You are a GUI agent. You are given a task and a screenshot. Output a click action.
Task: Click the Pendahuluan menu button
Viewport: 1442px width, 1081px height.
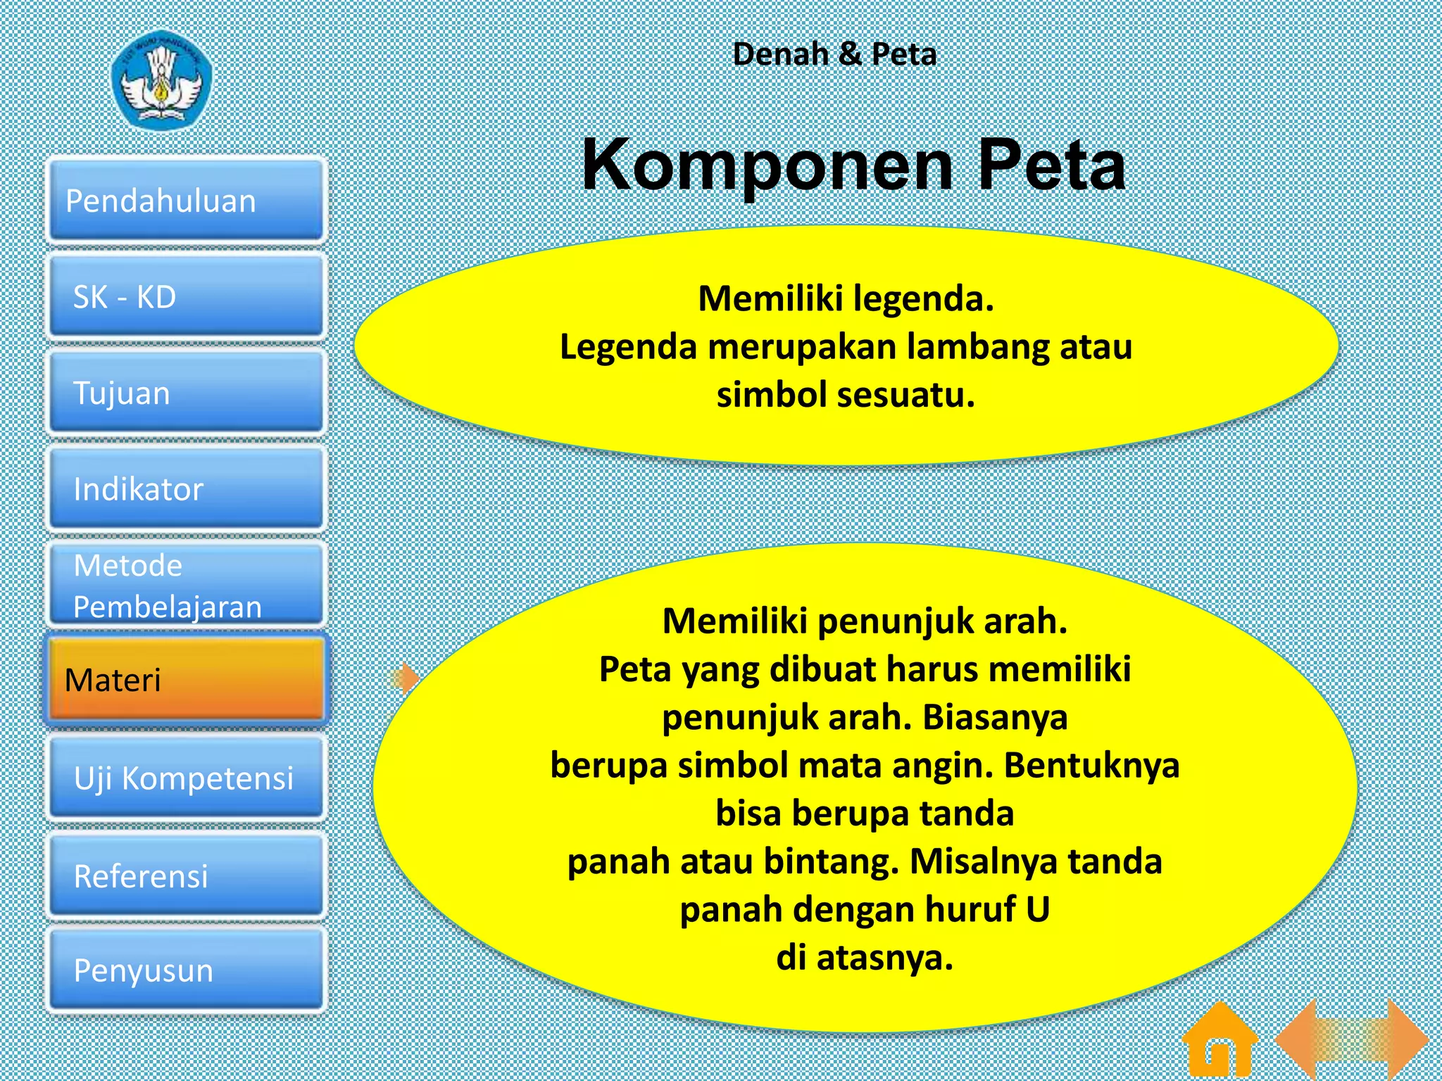coord(187,201)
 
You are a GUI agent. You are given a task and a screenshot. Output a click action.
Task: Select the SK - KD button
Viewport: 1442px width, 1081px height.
coord(187,296)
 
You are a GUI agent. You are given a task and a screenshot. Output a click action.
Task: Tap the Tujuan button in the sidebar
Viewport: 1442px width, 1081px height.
coord(187,392)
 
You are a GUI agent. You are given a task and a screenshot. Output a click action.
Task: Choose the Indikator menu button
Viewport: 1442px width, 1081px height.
coord(187,488)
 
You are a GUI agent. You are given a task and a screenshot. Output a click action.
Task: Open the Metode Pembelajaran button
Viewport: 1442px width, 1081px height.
coord(187,585)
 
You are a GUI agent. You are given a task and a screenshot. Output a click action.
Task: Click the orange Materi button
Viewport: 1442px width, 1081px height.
coord(187,680)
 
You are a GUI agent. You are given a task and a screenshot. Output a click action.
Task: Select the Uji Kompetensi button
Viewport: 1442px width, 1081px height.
coord(187,778)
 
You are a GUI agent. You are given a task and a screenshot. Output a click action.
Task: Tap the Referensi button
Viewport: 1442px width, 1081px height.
coord(187,875)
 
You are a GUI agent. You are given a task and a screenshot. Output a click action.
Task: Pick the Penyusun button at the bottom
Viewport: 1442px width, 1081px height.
coord(187,970)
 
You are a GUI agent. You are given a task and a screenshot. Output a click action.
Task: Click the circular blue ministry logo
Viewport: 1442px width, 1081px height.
coord(162,79)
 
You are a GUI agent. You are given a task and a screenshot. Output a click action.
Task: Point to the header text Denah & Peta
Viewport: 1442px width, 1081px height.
coord(834,54)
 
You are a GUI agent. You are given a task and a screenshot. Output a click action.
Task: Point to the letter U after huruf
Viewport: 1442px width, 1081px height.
coord(1037,909)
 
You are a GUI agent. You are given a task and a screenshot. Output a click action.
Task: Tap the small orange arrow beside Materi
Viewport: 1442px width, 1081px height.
coord(406,678)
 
